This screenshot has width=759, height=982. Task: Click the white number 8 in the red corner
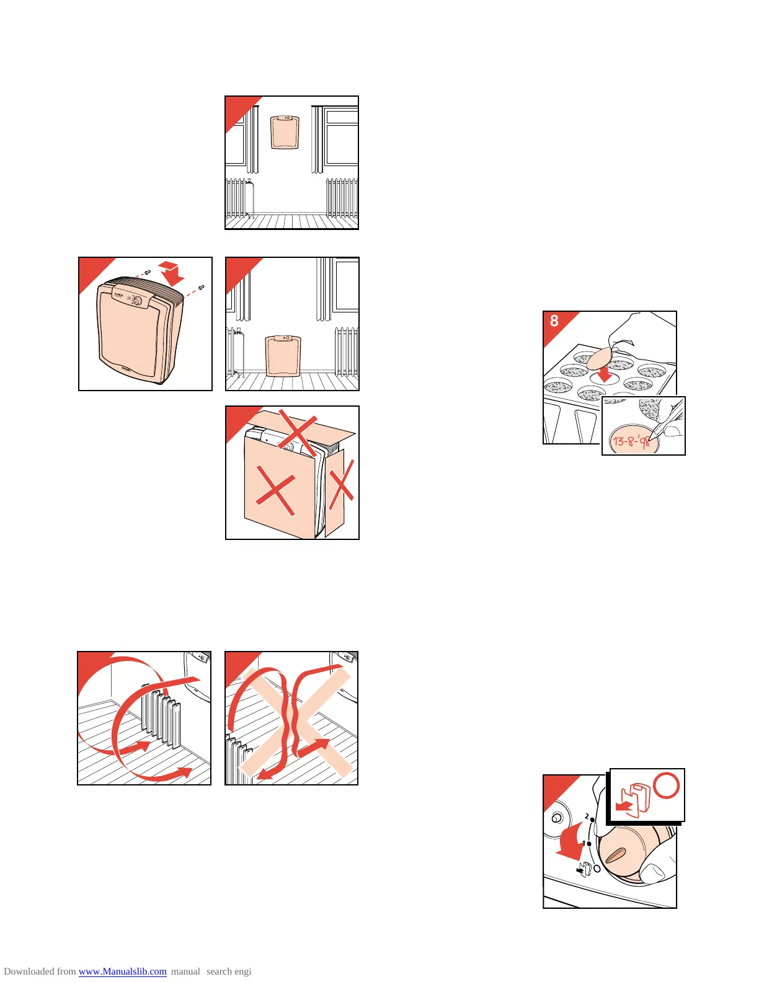tap(554, 321)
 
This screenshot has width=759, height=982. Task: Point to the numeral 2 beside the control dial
tap(587, 816)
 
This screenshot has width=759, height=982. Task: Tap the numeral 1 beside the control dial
tap(584, 843)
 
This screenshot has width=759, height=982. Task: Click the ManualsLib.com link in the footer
tap(122, 971)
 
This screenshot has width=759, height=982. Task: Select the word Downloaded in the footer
tap(27, 971)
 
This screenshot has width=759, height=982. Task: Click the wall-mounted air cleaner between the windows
tap(285, 132)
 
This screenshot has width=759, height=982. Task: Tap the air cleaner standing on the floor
tap(283, 356)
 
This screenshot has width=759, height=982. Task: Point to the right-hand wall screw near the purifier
tap(201, 288)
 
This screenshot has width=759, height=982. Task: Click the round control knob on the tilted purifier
tap(137, 302)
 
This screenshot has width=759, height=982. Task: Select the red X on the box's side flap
tap(342, 488)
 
